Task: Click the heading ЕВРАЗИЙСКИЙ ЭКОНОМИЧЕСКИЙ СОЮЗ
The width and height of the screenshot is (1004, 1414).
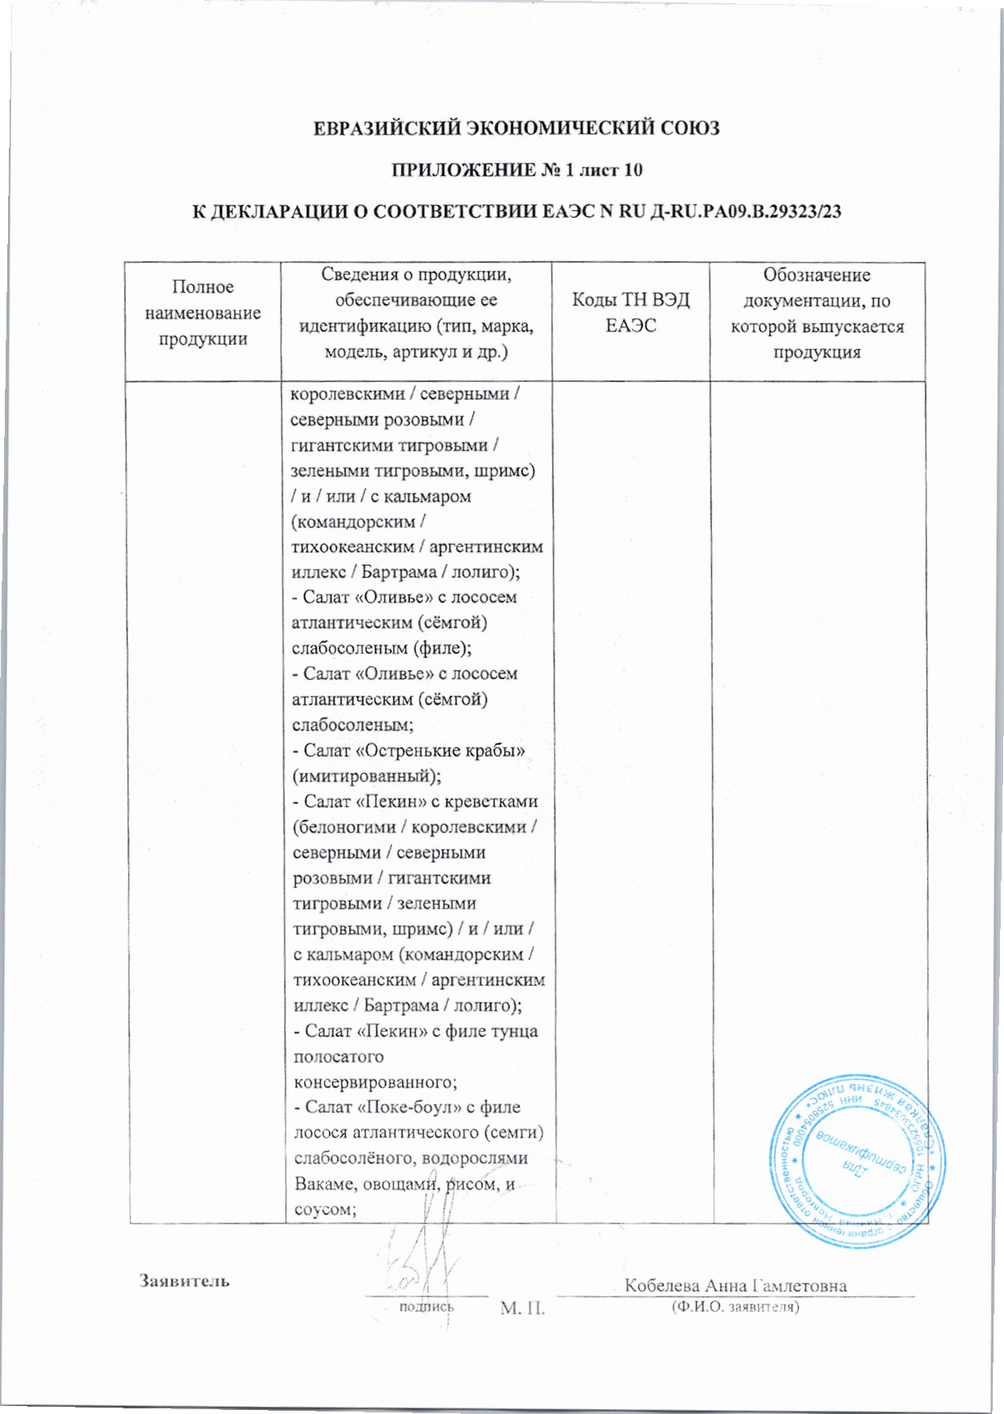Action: point(516,128)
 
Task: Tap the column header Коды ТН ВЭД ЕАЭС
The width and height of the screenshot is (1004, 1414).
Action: point(630,313)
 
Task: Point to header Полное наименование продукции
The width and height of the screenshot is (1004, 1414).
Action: point(202,313)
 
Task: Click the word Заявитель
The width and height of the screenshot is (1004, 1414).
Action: point(185,1280)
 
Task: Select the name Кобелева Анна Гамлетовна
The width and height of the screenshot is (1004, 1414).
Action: point(735,1285)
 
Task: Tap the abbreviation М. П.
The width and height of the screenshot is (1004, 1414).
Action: point(522,1308)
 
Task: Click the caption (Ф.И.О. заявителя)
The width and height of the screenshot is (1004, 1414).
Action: point(735,1307)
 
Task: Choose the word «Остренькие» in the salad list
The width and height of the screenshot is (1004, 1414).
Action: point(406,751)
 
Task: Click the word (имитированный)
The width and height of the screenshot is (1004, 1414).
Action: point(366,776)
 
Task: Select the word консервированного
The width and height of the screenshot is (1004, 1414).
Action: point(374,1082)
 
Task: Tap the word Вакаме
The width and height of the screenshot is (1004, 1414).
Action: point(324,1184)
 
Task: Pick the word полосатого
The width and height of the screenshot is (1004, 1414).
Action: point(338,1056)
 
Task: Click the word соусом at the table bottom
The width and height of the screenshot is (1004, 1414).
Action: point(324,1209)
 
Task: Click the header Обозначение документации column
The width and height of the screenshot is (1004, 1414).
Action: point(817,313)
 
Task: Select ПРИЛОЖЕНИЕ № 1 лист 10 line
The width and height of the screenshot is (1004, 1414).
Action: point(516,170)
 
